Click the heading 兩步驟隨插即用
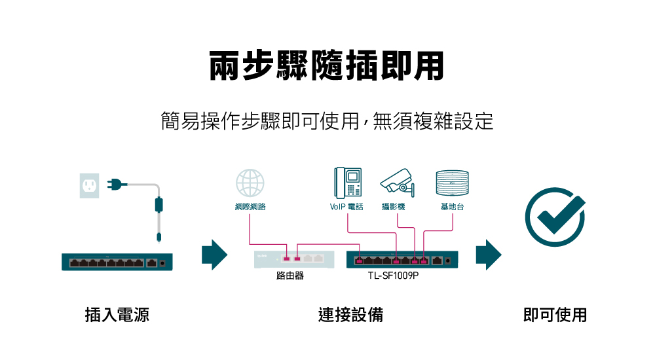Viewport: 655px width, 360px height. click(x=326, y=65)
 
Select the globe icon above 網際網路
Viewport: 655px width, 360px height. click(x=250, y=184)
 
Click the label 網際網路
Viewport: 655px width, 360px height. click(x=250, y=207)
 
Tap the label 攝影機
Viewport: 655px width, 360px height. click(x=394, y=207)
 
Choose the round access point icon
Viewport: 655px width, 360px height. click(x=452, y=183)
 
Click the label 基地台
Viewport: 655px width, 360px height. click(x=452, y=207)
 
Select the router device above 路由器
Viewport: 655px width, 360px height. click(x=293, y=260)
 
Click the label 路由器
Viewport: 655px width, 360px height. click(x=290, y=276)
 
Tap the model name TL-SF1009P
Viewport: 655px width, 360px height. click(x=393, y=276)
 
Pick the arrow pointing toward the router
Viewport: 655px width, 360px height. click(x=214, y=255)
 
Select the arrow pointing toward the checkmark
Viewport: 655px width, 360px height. click(x=488, y=255)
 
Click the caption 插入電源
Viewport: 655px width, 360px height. click(x=117, y=315)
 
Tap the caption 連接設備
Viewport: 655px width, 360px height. click(x=351, y=315)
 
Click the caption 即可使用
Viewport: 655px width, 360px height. click(x=555, y=315)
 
